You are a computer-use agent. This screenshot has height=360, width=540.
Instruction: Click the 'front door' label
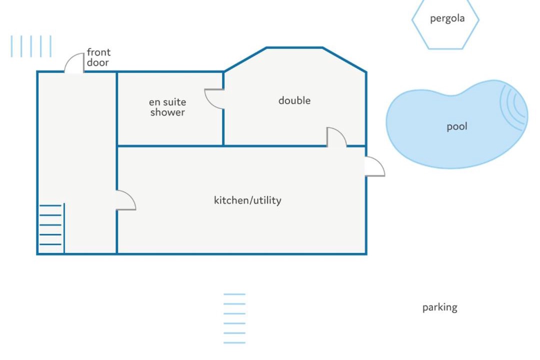click(98, 57)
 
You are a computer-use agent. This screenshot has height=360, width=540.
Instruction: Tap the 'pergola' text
click(447, 18)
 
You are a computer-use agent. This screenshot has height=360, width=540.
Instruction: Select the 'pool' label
click(457, 126)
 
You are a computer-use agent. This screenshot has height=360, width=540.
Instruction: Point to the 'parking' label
click(440, 307)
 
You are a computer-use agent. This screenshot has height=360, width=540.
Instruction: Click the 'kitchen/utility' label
click(247, 200)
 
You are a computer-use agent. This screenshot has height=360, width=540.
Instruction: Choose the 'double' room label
click(294, 100)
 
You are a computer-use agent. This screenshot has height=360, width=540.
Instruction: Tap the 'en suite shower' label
click(167, 107)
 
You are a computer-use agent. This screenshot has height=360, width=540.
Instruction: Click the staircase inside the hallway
click(51, 225)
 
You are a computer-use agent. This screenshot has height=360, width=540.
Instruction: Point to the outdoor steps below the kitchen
click(234, 318)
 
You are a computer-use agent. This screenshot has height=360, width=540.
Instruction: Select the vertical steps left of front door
click(31, 46)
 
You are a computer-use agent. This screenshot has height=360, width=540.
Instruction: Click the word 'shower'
click(167, 112)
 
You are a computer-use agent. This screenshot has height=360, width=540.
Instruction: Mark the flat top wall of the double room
click(294, 47)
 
